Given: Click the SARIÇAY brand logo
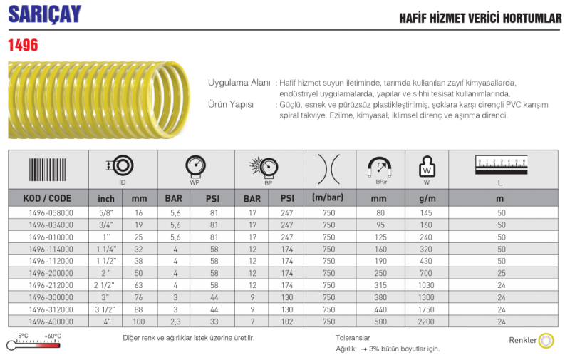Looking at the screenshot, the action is coord(44,14).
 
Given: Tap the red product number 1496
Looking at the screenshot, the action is coord(23,45).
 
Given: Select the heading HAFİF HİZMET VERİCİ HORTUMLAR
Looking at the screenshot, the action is coord(480,19).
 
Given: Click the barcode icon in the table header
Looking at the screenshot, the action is coord(47,170).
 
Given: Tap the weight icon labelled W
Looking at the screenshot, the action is coord(427,167).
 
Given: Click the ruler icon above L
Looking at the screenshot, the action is coord(501,165).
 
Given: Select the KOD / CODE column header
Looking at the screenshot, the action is coord(47,199).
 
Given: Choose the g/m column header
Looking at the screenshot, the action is coord(427,199).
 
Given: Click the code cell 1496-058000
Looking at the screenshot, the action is coord(51,213).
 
